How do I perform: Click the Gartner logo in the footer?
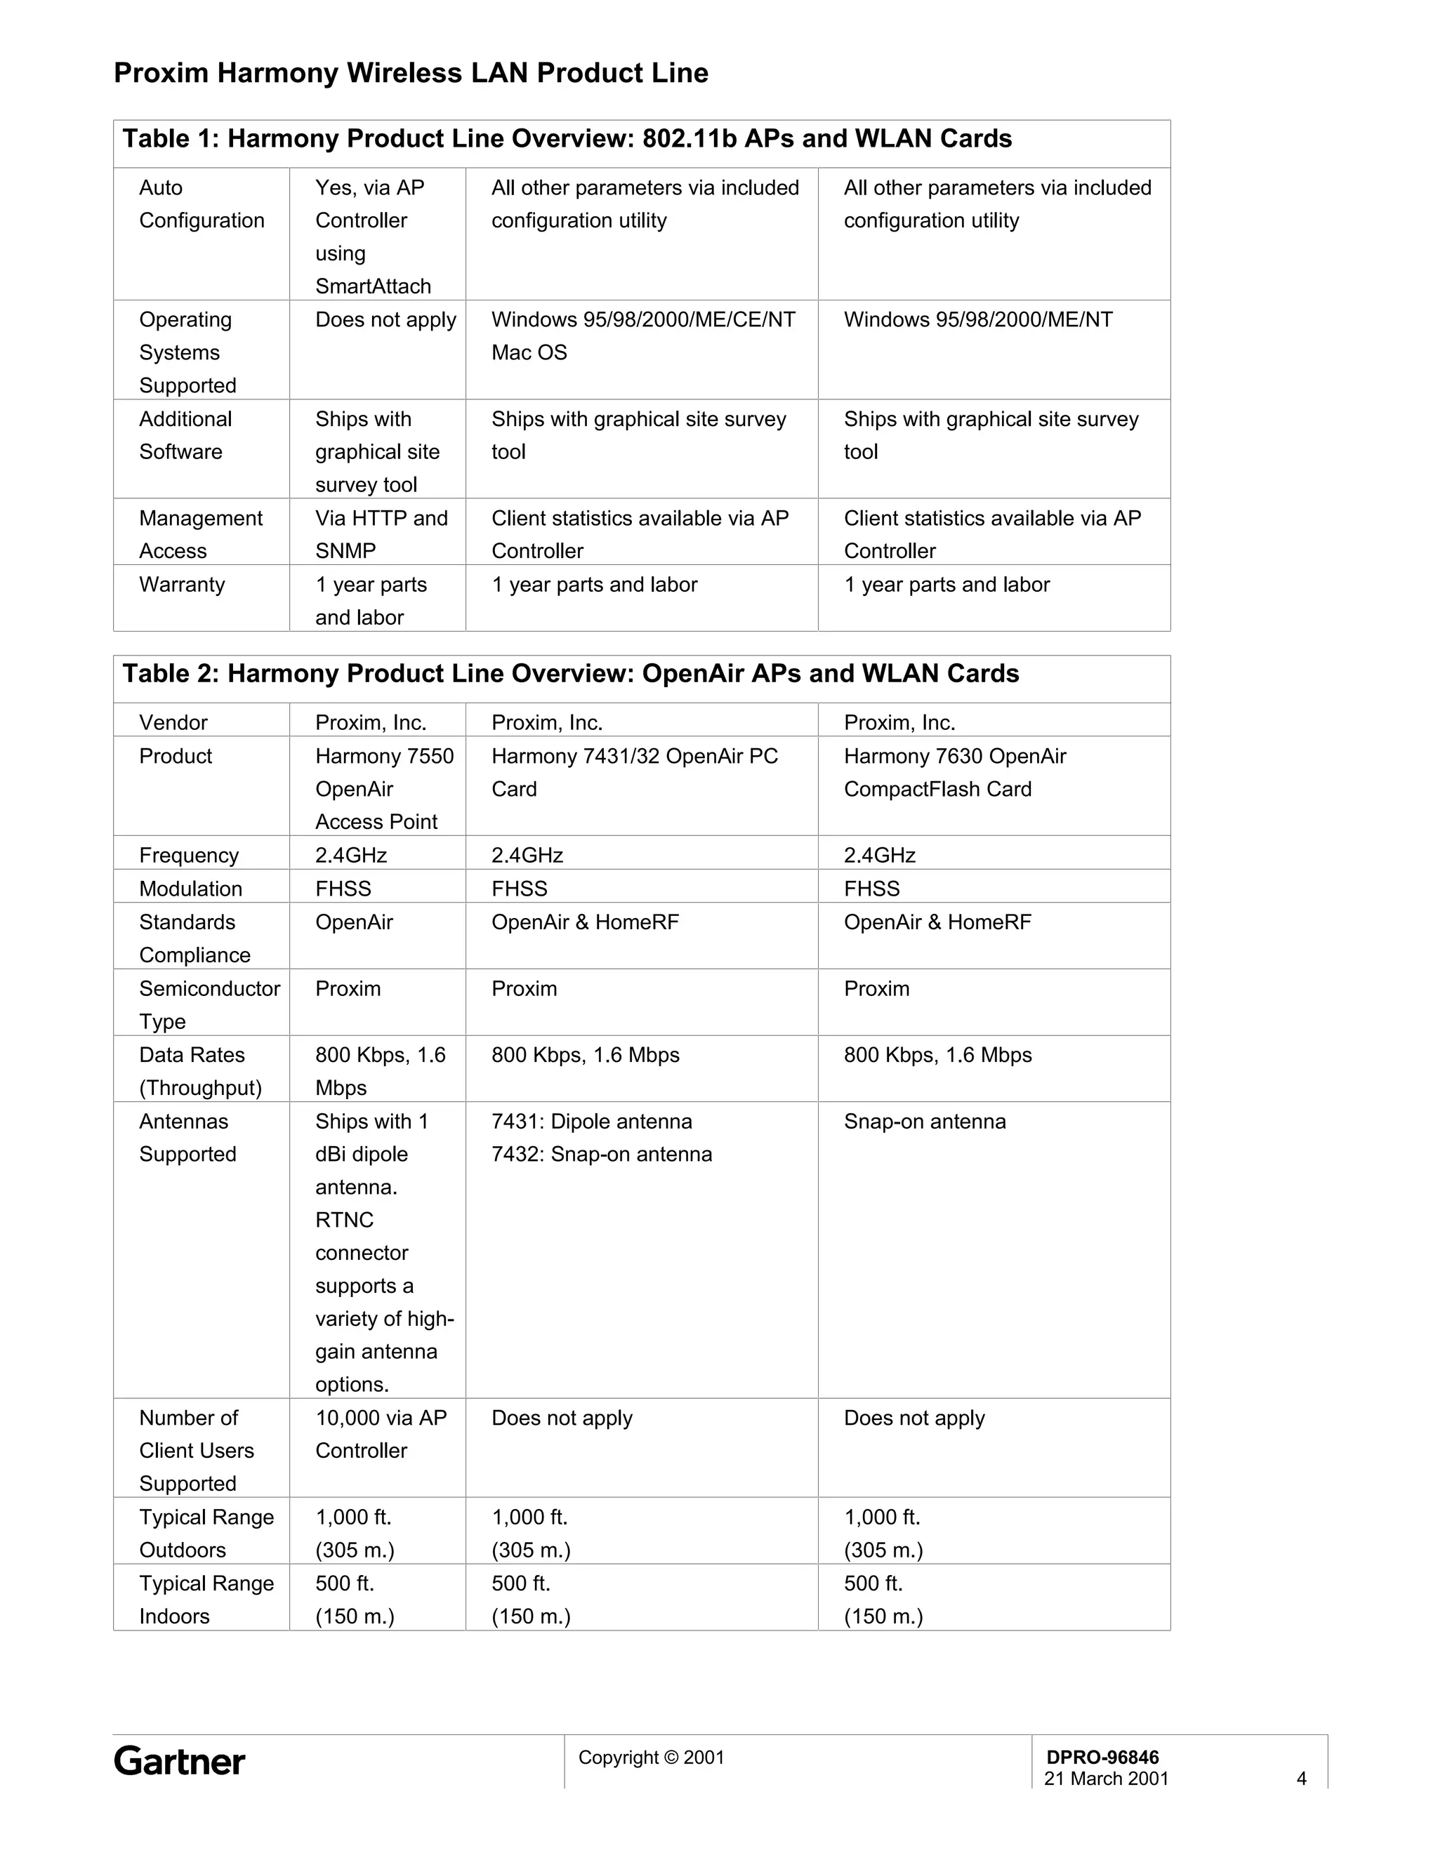(179, 1760)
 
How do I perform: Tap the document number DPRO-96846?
(1102, 1757)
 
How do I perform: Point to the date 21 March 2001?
(1106, 1779)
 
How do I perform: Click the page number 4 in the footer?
(1301, 1779)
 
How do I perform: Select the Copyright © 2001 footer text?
(651, 1757)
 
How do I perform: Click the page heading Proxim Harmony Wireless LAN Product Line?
(411, 73)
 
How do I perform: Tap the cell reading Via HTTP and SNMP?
(381, 534)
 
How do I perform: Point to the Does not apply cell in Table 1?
(385, 319)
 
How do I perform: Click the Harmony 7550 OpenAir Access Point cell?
(383, 789)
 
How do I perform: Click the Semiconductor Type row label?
(209, 1004)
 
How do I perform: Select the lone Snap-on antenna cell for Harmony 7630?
(924, 1121)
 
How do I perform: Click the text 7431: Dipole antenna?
(591, 1121)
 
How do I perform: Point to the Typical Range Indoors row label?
(206, 1600)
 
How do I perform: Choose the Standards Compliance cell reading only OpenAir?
(354, 922)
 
